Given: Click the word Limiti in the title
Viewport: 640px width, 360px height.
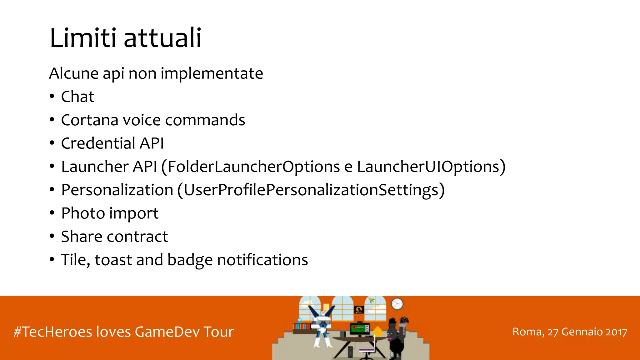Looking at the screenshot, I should pos(83,38).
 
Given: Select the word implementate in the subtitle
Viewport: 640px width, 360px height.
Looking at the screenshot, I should pos(212,74).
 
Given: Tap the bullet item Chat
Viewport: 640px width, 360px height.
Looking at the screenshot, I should pos(77,97).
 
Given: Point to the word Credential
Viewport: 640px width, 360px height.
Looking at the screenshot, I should pos(98,143).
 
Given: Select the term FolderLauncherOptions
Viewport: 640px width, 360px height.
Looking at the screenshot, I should pos(254,167).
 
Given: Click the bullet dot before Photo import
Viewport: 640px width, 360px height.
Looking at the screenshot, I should pos(52,213).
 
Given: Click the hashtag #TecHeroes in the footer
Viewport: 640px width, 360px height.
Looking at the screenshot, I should pos(53,332).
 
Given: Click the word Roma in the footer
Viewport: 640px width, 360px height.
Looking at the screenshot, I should pos(527,332).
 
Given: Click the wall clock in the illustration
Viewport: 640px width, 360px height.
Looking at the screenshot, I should pos(397,304).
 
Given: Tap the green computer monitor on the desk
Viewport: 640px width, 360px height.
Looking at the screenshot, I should pos(359,328).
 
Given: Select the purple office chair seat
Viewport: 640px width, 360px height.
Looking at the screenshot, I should pos(366,350).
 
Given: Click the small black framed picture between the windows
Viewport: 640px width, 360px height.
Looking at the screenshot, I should pos(359,310).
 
